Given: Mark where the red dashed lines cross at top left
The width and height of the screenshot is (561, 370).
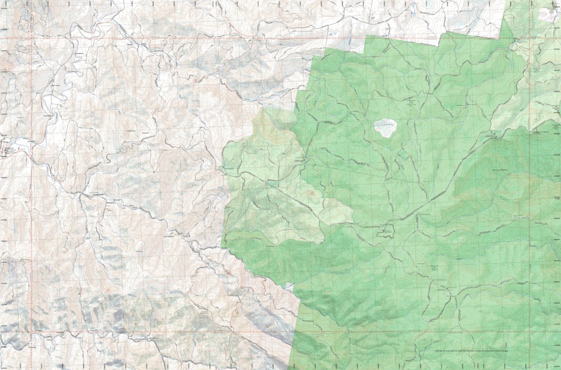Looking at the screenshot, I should click(x=32, y=38).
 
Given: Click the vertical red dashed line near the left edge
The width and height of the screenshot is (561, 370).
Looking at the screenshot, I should click(x=32, y=210).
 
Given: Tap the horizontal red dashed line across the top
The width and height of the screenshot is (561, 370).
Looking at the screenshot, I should click(x=158, y=38).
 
